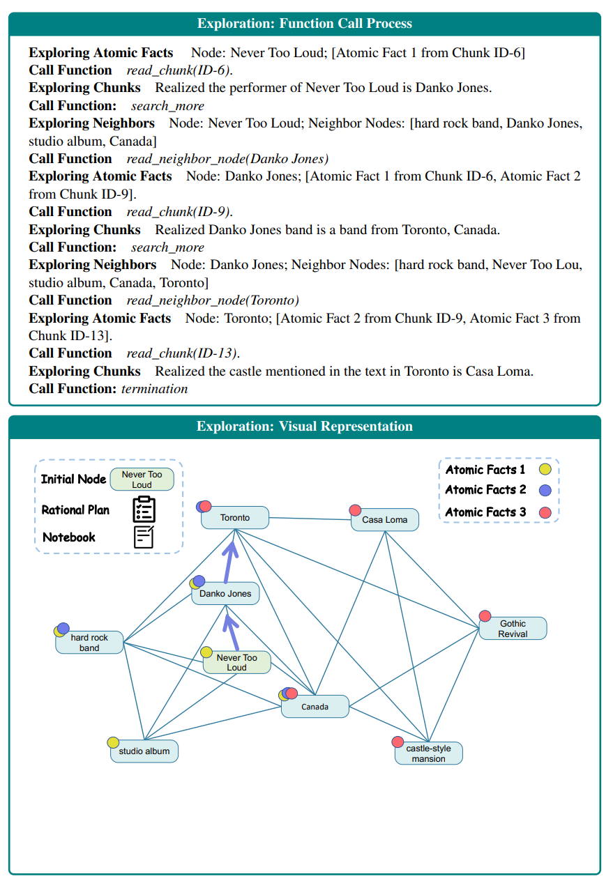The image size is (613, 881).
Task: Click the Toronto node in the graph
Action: (235, 518)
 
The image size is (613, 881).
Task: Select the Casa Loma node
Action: (384, 520)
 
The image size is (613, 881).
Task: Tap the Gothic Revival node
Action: (513, 629)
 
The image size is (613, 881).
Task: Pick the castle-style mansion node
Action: (428, 753)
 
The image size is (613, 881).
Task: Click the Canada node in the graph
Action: (315, 707)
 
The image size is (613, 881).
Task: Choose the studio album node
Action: (144, 751)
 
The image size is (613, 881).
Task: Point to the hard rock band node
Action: (89, 643)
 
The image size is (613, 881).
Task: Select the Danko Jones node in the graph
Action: (225, 594)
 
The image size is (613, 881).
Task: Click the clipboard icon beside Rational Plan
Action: (144, 510)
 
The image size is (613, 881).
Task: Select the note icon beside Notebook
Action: (144, 537)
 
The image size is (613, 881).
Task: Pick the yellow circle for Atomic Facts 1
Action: (545, 470)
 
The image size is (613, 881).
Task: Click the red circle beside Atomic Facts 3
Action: (545, 512)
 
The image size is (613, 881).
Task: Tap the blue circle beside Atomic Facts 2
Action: (545, 490)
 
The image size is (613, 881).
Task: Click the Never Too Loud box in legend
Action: (142, 480)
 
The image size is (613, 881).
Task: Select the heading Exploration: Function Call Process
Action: (305, 24)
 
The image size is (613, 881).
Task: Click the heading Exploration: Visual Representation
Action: (305, 427)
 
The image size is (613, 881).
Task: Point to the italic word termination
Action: (154, 389)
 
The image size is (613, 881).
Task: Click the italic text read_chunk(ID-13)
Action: (179, 353)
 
